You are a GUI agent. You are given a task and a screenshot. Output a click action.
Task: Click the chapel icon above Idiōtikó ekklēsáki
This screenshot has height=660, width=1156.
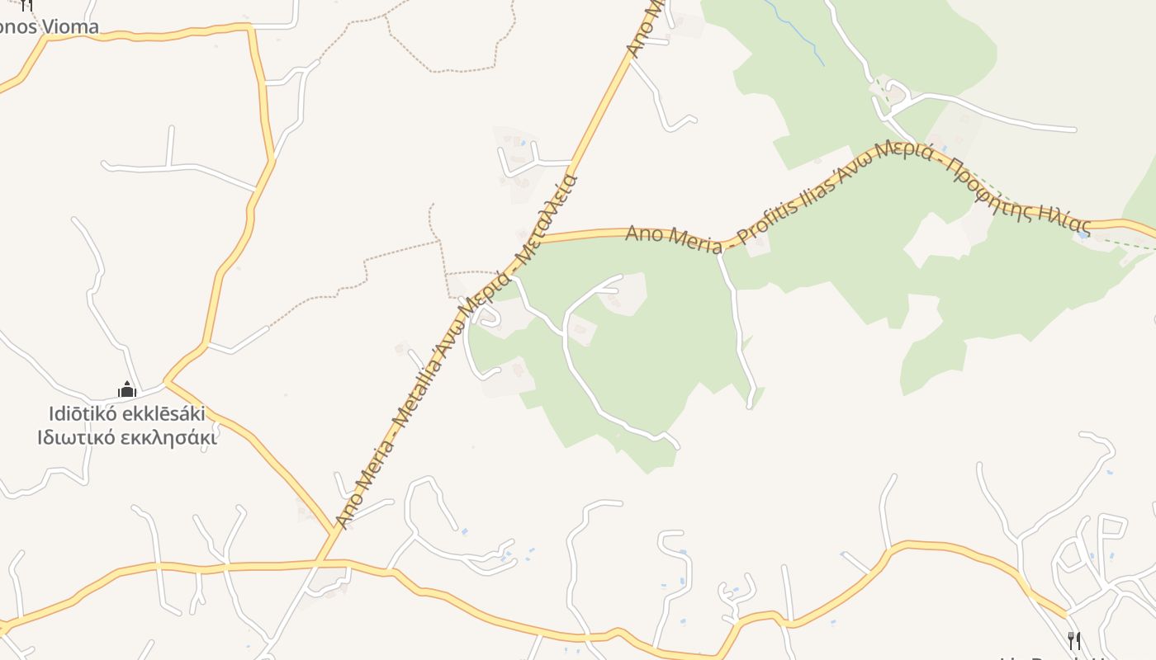126,389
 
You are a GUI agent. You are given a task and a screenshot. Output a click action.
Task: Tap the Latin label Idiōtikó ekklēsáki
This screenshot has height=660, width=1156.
126,412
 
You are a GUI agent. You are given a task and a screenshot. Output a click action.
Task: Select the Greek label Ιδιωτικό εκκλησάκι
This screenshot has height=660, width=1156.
126,437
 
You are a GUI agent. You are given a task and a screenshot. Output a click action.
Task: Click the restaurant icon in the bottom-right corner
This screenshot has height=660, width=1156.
1073,640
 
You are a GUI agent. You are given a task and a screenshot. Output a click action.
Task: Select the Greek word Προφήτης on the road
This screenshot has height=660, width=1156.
989,179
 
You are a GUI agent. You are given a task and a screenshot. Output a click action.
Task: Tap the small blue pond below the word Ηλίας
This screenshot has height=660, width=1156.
1082,235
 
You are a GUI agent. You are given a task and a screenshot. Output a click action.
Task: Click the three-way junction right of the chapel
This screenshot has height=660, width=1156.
167,382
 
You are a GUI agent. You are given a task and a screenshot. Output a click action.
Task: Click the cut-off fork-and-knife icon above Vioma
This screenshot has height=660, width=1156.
27,5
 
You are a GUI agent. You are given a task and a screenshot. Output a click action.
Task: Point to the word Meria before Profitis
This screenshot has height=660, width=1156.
685,238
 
